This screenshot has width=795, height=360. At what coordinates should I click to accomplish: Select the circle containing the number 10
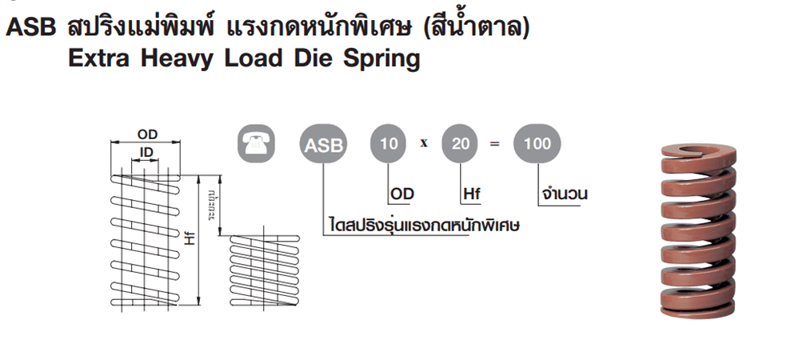[x=389, y=145]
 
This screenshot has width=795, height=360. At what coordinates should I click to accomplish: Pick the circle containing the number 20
[x=461, y=145]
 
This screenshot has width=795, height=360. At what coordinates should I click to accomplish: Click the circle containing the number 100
[x=537, y=145]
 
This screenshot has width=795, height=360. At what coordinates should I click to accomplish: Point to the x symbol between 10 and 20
[x=425, y=145]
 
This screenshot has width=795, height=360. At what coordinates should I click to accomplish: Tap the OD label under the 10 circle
[x=401, y=194]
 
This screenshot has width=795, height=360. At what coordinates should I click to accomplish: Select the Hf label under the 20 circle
[x=472, y=194]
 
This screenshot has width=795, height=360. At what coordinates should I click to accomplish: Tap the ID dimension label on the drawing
[x=147, y=152]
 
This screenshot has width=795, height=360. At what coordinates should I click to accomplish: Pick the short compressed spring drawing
[x=265, y=272]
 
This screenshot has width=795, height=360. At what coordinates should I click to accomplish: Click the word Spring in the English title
[x=383, y=58]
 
